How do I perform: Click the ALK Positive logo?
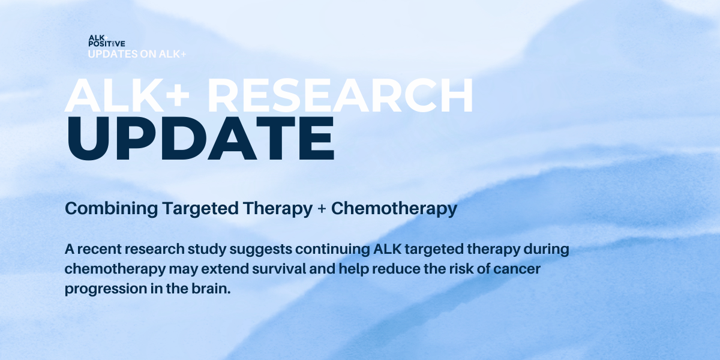107,41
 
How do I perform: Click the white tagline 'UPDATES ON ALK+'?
137,54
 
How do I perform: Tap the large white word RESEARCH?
340,95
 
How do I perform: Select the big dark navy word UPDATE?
200,138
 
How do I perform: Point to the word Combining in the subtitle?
111,209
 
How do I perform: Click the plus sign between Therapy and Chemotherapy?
322,209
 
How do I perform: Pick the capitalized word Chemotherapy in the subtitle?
394,209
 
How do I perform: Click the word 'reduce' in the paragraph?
397,269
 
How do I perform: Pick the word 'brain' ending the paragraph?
211,289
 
